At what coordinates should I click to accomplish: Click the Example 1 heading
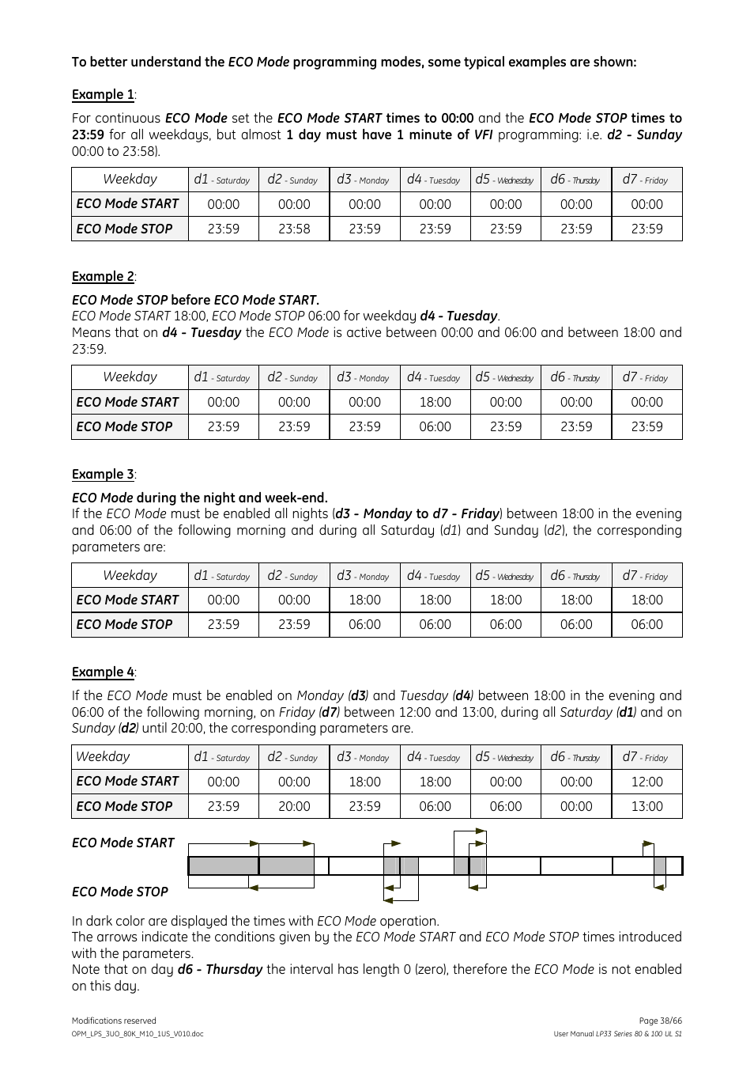[x=103, y=95]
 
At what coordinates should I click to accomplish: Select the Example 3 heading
[x=103, y=475]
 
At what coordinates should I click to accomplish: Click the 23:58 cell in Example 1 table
[x=294, y=229]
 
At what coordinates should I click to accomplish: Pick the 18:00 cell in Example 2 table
[x=435, y=402]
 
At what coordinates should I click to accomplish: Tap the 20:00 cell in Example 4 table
[x=294, y=806]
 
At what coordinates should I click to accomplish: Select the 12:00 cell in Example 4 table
[x=647, y=782]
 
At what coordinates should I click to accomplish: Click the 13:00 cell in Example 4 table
[x=647, y=806]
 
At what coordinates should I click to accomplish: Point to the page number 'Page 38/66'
[x=660, y=1021]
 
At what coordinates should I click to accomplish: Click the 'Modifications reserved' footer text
[x=114, y=1021]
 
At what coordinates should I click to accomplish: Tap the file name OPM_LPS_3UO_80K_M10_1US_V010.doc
[x=138, y=1034]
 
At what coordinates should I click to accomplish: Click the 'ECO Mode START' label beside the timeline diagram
[x=123, y=843]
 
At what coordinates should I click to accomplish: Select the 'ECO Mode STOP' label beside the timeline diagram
[x=120, y=892]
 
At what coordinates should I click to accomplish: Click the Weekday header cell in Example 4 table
[x=103, y=757]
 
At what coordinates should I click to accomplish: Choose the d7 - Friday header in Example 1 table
[x=646, y=180]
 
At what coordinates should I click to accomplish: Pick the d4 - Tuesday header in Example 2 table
[x=434, y=377]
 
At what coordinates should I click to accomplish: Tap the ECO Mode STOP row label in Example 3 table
[x=124, y=624]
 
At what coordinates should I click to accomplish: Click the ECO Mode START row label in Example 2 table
[x=127, y=402]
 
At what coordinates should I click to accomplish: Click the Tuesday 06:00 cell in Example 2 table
[x=435, y=426]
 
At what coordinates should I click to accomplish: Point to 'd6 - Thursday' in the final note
[x=220, y=970]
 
